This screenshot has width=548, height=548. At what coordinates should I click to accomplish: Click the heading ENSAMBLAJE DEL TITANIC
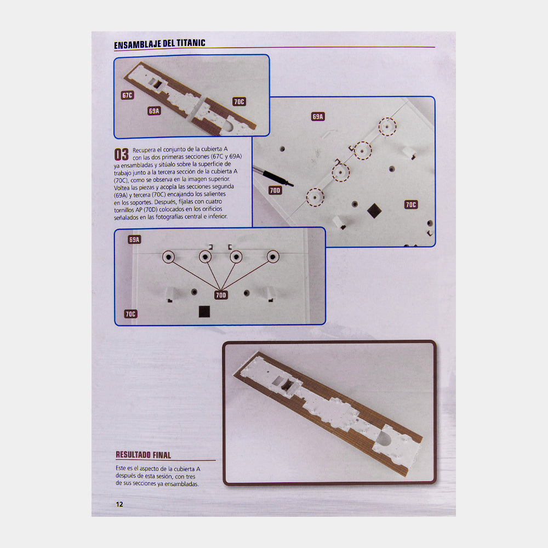pos(159,44)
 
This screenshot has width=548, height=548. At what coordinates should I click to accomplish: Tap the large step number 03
pos(121,155)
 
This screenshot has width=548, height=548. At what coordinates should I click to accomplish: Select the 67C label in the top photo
pos(127,95)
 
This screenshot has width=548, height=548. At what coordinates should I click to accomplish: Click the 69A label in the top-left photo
pos(154,111)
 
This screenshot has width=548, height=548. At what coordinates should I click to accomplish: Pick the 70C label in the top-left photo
pos(239,102)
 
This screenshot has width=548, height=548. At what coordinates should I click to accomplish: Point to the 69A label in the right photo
pos(318,117)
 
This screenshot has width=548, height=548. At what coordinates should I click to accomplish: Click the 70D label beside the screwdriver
pos(275,191)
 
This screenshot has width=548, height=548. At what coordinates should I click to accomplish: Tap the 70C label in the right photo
pos(411,205)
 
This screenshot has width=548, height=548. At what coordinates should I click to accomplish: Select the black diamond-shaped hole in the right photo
pos(374,211)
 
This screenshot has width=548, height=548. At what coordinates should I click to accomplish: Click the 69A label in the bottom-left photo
pos(134,240)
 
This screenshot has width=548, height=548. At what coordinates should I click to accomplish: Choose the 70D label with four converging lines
pos(221,295)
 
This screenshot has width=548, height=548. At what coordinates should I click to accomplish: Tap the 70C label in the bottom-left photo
pos(130,314)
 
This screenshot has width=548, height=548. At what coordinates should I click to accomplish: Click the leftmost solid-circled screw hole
pos(168,257)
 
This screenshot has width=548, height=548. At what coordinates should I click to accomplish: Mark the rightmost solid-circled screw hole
pos(273,257)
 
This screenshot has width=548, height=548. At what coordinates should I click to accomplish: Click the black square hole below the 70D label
pos(204,312)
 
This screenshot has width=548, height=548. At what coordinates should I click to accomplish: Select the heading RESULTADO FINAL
pos(143,455)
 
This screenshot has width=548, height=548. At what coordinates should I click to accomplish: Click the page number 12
pos(119,504)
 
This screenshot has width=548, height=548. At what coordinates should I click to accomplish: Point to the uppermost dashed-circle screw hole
pos(387,127)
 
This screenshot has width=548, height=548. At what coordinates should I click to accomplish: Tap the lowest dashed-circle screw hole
pos(315,197)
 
